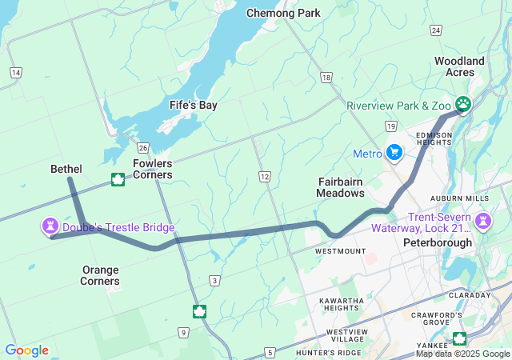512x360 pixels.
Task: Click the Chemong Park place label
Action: tap(283, 13)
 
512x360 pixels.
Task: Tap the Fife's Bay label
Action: tap(193, 105)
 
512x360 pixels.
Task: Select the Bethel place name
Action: tap(66, 169)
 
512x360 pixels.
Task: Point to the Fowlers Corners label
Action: tap(153, 169)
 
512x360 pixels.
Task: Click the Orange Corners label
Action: tap(101, 275)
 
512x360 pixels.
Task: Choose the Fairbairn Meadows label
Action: tap(341, 187)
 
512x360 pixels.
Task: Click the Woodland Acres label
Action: tap(459, 66)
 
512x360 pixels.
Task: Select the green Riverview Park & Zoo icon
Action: tap(462, 103)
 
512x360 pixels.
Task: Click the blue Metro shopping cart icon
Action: tap(394, 151)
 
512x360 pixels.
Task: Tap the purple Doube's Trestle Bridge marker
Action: tap(50, 226)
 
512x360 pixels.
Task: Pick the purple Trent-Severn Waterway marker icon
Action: tap(483, 219)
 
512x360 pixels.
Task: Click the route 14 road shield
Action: tap(15, 73)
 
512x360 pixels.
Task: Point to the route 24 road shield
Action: tap(435, 30)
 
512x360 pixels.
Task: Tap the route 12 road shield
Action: tap(264, 175)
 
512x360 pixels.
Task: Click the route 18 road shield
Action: tap(325, 77)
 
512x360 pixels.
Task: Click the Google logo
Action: tap(26, 350)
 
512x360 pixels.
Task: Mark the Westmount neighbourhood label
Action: tap(341, 251)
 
